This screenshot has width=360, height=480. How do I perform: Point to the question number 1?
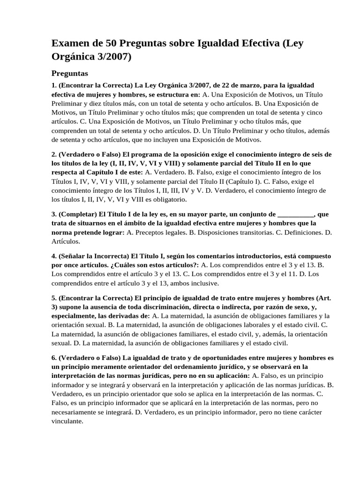point(54,86)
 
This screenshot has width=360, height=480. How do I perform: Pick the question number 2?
point(54,154)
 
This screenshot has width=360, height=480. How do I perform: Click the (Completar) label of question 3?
point(76,214)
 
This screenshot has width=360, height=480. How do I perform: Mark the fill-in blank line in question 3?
point(296,214)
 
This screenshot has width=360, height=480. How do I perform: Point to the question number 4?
point(54,256)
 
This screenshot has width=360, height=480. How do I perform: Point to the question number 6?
point(54,358)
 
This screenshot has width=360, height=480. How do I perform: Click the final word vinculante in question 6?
point(67,421)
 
